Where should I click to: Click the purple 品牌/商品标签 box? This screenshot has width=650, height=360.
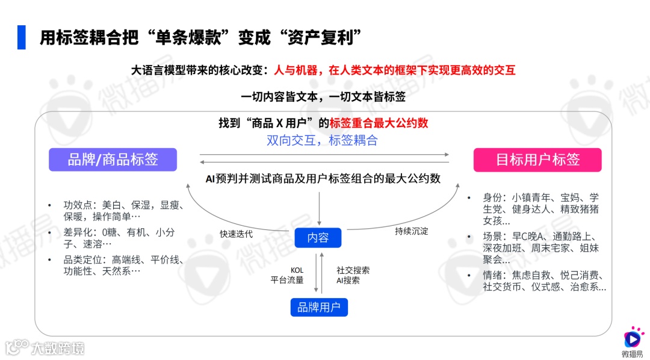[113, 160]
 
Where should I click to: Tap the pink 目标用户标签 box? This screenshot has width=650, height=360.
[537, 160]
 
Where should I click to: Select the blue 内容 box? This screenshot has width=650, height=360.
[318, 238]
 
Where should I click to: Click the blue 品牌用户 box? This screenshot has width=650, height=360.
[319, 308]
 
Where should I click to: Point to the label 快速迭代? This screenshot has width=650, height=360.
[237, 234]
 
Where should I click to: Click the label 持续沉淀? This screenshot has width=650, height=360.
[412, 231]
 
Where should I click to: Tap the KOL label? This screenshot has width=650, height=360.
[297, 270]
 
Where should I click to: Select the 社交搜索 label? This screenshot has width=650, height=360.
[353, 270]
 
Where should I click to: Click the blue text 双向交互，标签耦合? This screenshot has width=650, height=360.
[322, 140]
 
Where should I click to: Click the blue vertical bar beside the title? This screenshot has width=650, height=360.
[22, 37]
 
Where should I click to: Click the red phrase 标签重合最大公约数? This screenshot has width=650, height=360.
[379, 123]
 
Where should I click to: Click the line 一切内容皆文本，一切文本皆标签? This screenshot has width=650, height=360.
[323, 97]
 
